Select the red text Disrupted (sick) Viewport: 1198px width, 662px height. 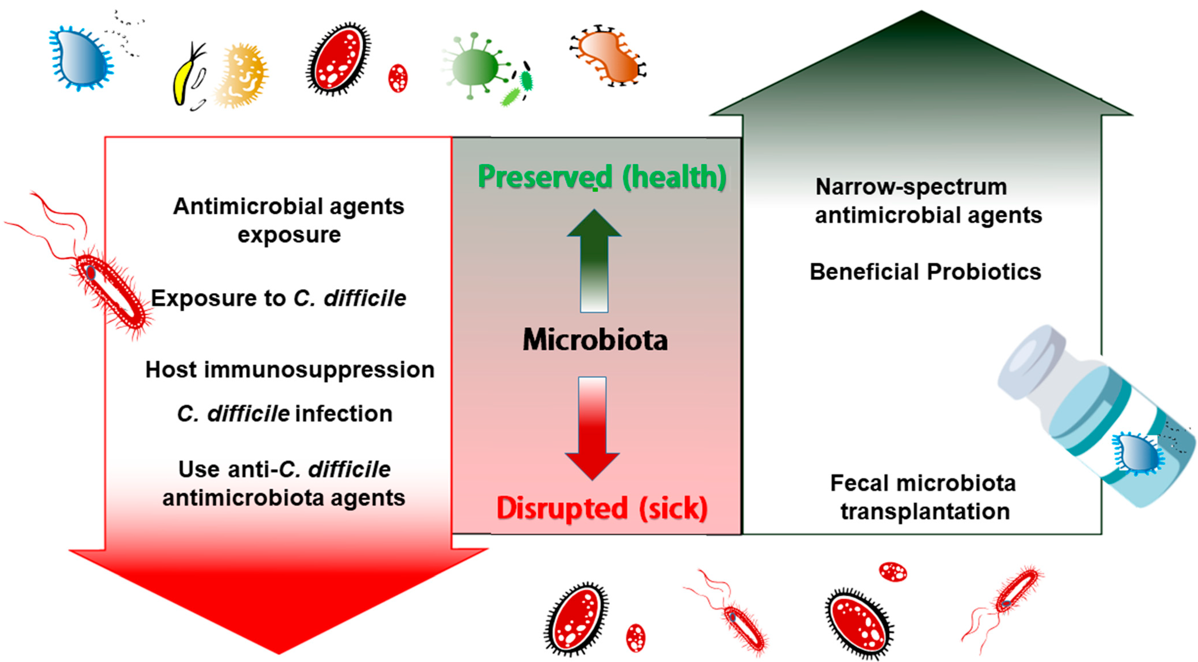coord(602,508)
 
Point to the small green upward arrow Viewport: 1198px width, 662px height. coord(594,260)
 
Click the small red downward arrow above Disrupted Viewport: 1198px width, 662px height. coord(592,428)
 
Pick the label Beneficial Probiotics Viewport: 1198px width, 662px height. coord(925,272)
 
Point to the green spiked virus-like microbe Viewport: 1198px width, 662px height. coord(474,67)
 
